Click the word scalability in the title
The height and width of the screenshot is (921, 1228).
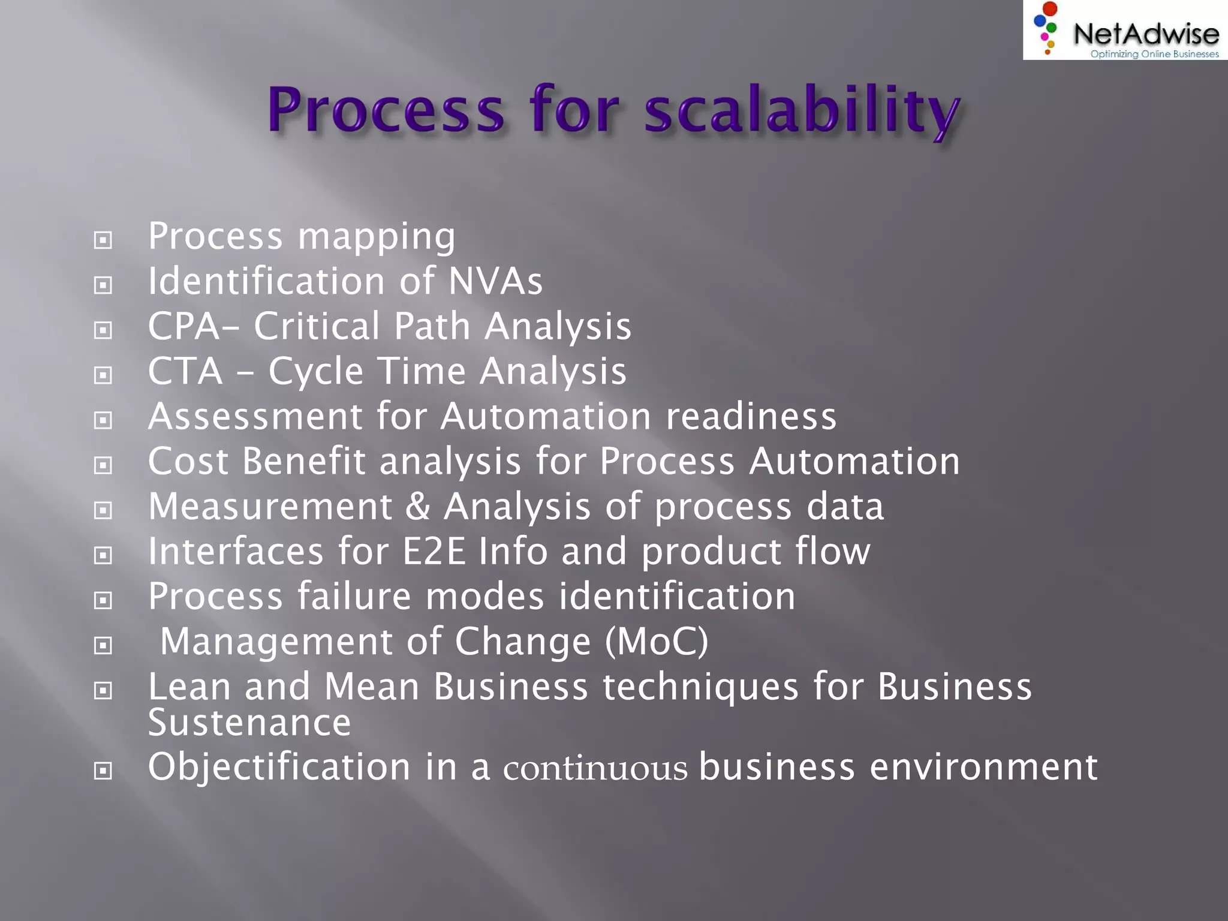[802, 111]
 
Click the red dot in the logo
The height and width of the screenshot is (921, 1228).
[1050, 9]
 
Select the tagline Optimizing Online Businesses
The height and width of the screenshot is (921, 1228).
[1154, 54]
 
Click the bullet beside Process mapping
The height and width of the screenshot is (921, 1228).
[103, 240]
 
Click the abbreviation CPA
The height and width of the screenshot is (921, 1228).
[184, 326]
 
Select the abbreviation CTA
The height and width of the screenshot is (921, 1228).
[185, 371]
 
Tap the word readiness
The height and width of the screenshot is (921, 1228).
[751, 416]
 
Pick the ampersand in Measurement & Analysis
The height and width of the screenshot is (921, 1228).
[417, 506]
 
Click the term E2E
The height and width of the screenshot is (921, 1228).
[434, 551]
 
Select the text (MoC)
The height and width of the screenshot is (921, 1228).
[657, 641]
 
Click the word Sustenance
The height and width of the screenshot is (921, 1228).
[249, 723]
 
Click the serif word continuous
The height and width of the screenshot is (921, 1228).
[595, 769]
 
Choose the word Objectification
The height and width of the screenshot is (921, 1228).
[279, 767]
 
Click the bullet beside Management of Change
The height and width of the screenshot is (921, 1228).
[103, 646]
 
